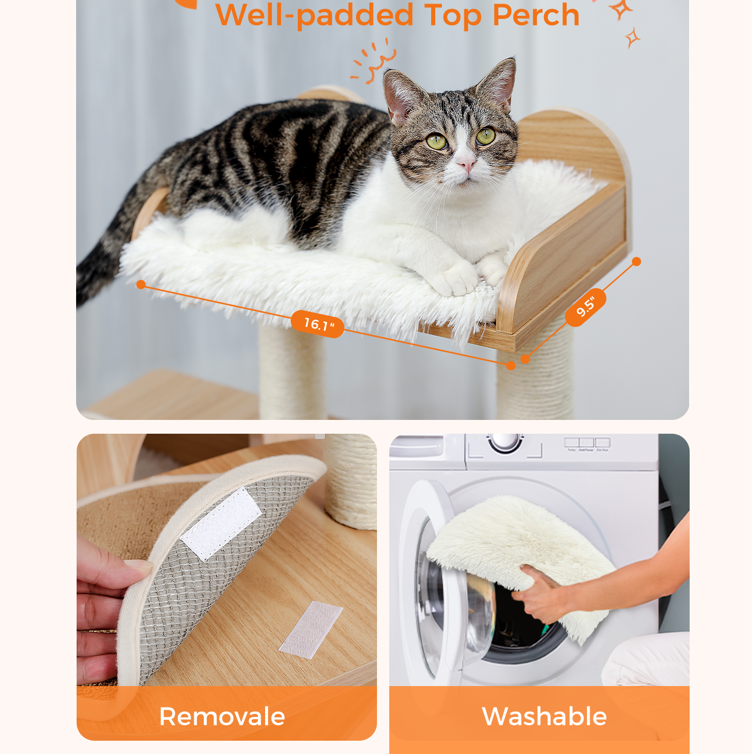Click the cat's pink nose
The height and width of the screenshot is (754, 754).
466,163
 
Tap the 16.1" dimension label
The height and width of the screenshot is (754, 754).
317,324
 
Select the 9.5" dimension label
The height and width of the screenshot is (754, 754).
585,307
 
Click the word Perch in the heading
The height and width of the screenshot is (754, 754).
536,15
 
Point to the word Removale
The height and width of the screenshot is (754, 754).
222,716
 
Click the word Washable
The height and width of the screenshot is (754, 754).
544,716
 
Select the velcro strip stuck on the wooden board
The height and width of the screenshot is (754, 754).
311,628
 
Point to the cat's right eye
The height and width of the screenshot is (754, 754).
437,142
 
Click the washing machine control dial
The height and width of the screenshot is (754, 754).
505,442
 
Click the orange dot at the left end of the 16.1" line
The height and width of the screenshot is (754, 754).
142,285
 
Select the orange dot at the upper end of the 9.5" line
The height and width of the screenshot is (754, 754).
637,262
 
